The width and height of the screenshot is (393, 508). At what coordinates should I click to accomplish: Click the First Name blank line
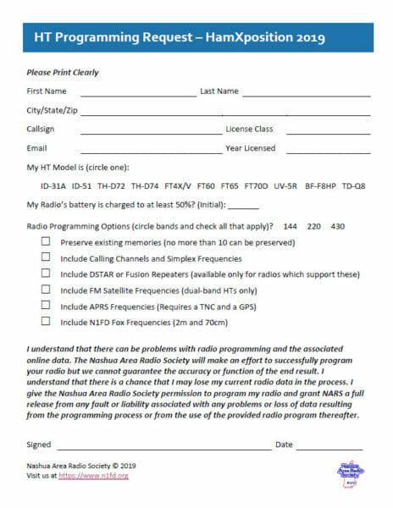click(138, 96)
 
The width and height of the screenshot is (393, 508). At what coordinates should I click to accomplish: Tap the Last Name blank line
click(306, 96)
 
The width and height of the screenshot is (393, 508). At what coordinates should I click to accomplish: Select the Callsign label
click(43, 130)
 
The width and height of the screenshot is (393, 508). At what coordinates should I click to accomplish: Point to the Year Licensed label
click(250, 148)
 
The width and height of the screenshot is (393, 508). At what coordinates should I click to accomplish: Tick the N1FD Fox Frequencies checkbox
click(45, 322)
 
